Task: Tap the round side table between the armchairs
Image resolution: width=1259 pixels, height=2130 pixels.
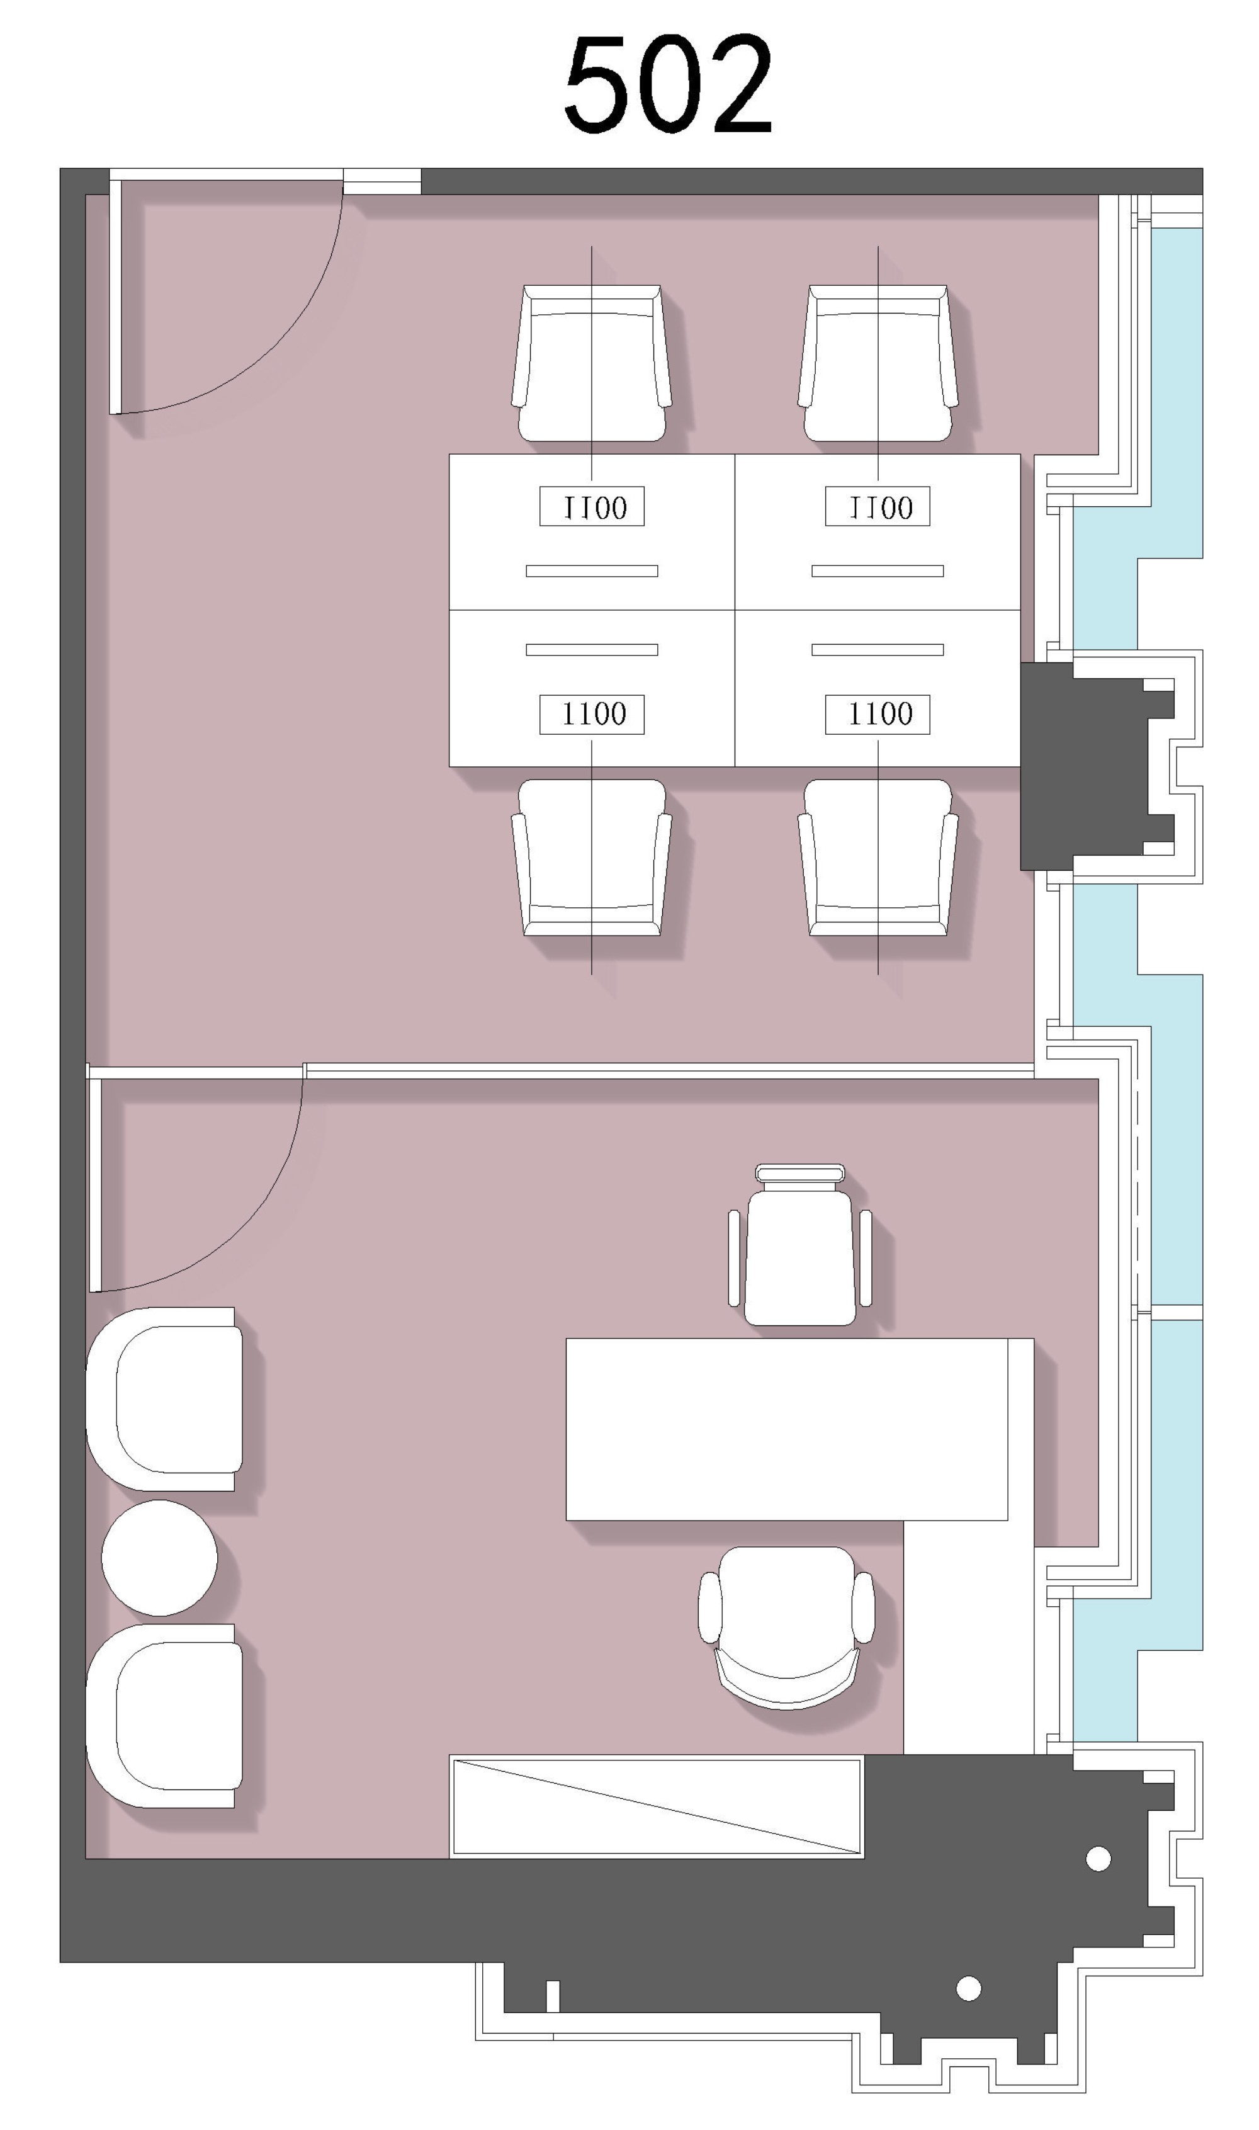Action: (x=159, y=1558)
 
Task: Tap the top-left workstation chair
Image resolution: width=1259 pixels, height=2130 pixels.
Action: (x=591, y=363)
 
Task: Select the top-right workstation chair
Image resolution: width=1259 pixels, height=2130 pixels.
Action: (x=878, y=363)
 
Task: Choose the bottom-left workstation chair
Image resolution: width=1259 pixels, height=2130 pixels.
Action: (x=591, y=858)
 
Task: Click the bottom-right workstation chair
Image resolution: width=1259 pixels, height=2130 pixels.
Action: (x=878, y=858)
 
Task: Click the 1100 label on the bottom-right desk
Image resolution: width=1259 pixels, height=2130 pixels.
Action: (x=878, y=714)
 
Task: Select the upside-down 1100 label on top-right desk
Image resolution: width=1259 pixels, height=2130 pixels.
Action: (x=878, y=506)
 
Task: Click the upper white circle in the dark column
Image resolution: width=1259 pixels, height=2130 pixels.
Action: (x=1098, y=1859)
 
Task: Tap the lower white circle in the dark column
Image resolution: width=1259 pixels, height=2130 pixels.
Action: (x=969, y=1988)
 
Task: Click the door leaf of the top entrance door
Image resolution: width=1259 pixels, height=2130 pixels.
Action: (x=115, y=296)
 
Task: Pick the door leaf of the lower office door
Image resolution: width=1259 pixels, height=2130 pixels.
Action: (x=95, y=1185)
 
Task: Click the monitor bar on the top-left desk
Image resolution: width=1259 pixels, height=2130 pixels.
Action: (x=591, y=571)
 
